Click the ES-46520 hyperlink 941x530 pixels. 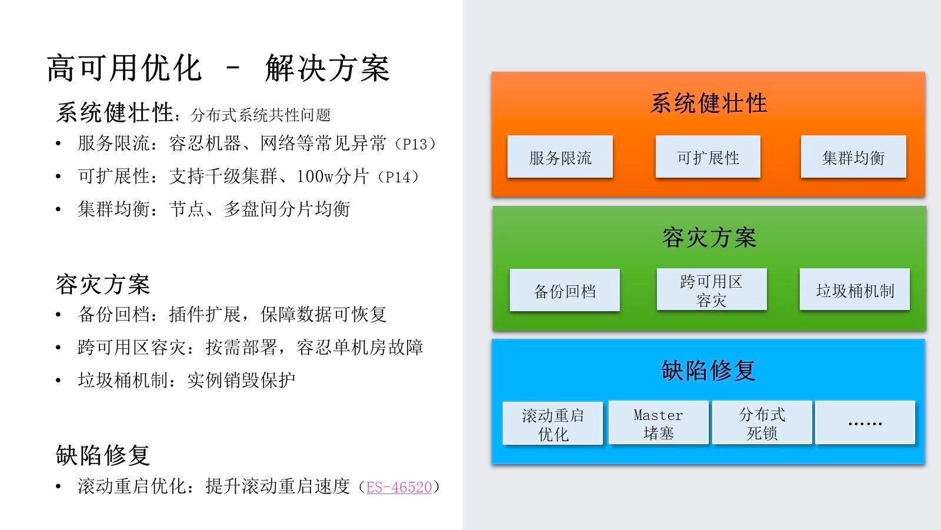pyautogui.click(x=399, y=487)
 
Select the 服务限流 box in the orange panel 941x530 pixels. pyautogui.click(x=560, y=157)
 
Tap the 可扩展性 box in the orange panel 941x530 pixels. pyautogui.click(x=708, y=157)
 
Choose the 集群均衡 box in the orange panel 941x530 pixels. pyautogui.click(x=853, y=157)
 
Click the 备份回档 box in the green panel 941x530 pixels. pyautogui.click(x=565, y=291)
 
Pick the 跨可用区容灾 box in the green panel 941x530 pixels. pyautogui.click(x=711, y=290)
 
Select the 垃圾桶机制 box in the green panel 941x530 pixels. pyautogui.click(x=855, y=290)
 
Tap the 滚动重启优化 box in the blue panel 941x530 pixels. pyautogui.click(x=553, y=424)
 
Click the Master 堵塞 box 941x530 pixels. pyautogui.click(x=658, y=424)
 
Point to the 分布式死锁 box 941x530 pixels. pyautogui.click(x=762, y=424)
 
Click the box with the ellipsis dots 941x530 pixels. pyautogui.click(x=865, y=423)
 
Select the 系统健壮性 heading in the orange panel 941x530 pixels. pyautogui.click(x=708, y=104)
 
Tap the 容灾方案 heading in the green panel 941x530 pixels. pyautogui.click(x=709, y=238)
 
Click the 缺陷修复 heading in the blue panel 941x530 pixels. pyautogui.click(x=708, y=371)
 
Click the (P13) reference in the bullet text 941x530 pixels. pyautogui.click(x=415, y=144)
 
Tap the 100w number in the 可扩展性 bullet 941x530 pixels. pyautogui.click(x=315, y=176)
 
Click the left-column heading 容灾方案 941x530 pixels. pyautogui.click(x=103, y=285)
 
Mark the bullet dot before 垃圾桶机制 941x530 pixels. pyautogui.click(x=58, y=381)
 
